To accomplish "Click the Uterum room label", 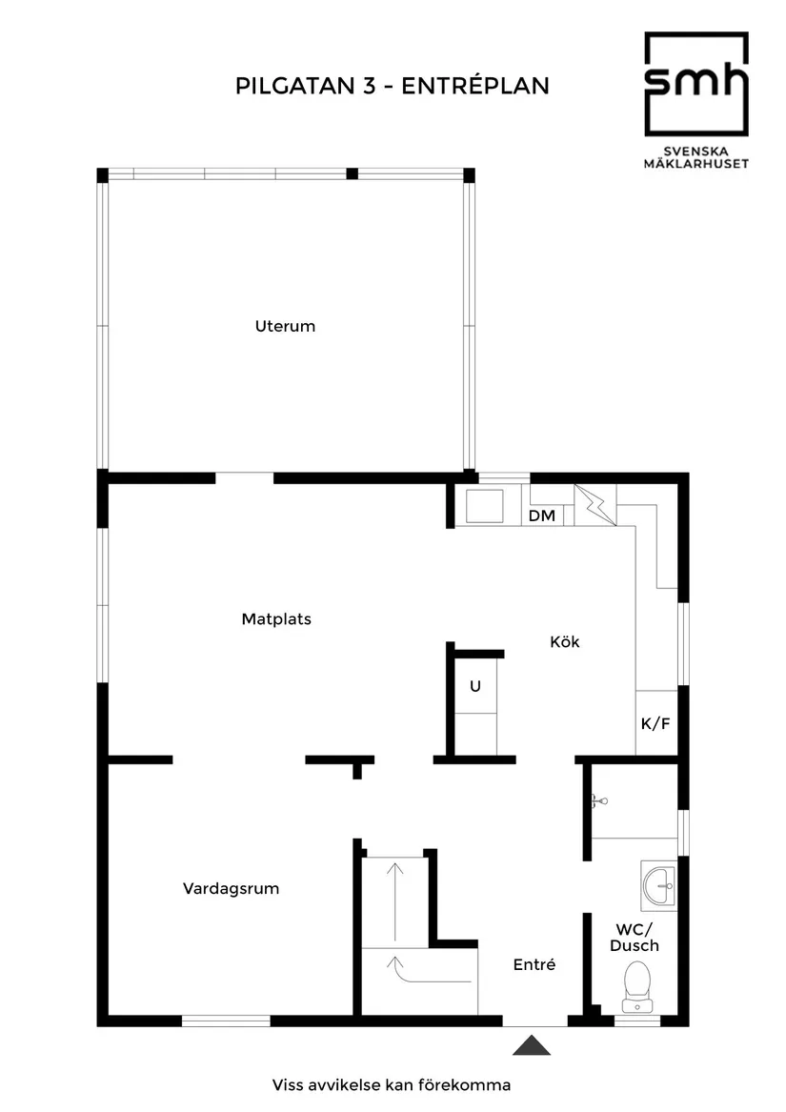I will pyautogui.click(x=285, y=326).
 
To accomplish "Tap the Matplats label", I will pyautogui.click(x=276, y=618).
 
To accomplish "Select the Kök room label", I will pyautogui.click(x=564, y=641).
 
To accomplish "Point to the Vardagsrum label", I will pyautogui.click(x=231, y=888).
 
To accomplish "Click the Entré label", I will pyautogui.click(x=534, y=964).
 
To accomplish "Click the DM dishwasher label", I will pyautogui.click(x=541, y=516).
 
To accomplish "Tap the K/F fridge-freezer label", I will pyautogui.click(x=655, y=723).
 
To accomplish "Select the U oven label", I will pyautogui.click(x=474, y=685).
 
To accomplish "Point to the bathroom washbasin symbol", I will pyautogui.click(x=658, y=885).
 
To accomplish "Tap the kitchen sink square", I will pyautogui.click(x=488, y=506).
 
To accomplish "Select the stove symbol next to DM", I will pyautogui.click(x=595, y=505).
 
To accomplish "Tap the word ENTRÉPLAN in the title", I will pyautogui.click(x=475, y=86).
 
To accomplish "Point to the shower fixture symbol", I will pyautogui.click(x=597, y=801).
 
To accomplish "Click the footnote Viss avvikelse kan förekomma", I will pyautogui.click(x=392, y=1084).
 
